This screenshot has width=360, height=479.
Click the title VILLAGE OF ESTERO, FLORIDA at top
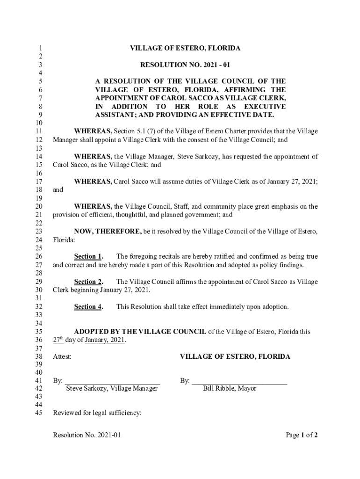coord(185,48)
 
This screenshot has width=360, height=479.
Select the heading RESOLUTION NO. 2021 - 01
coord(185,65)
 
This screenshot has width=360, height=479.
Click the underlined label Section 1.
coord(88,256)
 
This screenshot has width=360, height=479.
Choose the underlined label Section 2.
coord(88,282)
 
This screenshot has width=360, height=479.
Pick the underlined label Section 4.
coord(88,307)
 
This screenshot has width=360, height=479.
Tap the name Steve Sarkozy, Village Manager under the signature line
coord(112,388)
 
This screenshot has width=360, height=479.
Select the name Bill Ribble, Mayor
coord(230,388)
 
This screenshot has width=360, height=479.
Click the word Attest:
coord(62,356)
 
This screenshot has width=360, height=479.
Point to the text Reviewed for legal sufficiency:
coord(97,413)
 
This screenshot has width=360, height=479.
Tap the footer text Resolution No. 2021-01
coord(87,435)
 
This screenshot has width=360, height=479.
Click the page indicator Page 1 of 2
coord(302,435)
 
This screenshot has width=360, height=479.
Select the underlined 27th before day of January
coord(58,340)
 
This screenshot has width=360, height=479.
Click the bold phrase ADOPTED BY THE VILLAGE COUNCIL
coord(140,332)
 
